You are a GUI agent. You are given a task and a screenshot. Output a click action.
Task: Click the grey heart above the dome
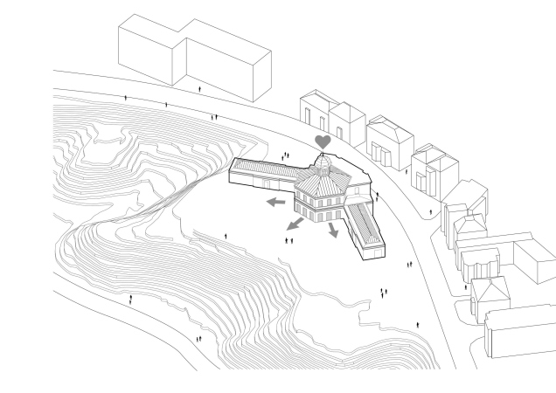(323, 140)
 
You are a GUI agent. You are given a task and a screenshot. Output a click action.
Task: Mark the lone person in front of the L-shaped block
(202, 88)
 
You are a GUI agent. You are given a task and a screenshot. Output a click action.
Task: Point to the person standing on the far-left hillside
(131, 300)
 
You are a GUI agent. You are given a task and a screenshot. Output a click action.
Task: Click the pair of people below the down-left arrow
(287, 239)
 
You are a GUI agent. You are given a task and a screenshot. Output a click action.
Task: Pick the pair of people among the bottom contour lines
(198, 338)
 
